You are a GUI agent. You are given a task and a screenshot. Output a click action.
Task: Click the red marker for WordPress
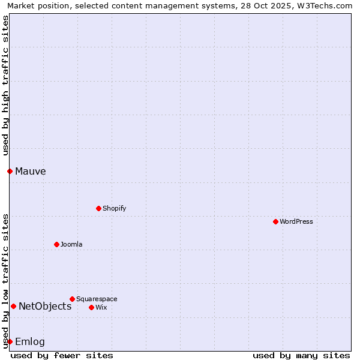click(x=275, y=221)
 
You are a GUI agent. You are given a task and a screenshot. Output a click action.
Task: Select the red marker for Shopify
click(x=98, y=208)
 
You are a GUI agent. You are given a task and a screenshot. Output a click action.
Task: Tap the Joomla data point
click(x=56, y=244)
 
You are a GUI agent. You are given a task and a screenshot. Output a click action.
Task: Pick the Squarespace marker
click(x=72, y=299)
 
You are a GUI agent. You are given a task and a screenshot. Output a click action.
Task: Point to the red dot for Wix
click(x=91, y=307)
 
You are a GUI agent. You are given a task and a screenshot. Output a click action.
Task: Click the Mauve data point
click(x=10, y=171)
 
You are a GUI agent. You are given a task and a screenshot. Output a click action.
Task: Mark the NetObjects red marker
click(x=13, y=306)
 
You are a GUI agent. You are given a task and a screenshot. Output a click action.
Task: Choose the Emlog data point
click(x=10, y=341)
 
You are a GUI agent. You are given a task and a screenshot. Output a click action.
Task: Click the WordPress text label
click(x=296, y=221)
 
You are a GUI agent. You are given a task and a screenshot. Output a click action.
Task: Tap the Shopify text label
click(x=114, y=208)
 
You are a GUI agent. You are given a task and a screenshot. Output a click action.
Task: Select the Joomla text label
click(x=71, y=244)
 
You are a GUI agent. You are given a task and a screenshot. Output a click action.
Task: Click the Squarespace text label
click(x=97, y=299)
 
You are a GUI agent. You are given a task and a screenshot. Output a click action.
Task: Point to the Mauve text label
click(x=31, y=171)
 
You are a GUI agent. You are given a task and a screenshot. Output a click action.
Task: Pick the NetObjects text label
click(x=45, y=306)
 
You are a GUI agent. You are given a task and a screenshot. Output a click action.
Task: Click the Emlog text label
click(x=30, y=341)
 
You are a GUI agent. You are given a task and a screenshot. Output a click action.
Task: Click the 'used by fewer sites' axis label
click(x=62, y=355)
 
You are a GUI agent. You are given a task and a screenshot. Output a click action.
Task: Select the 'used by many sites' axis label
click(x=301, y=355)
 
